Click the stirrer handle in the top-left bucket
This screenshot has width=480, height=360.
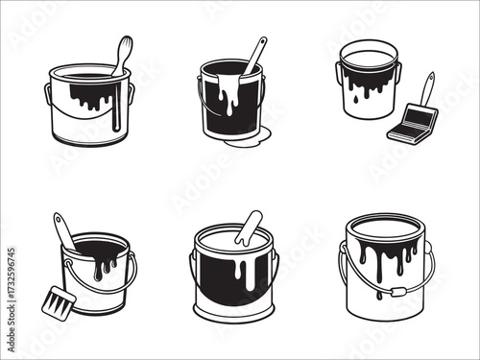point(122,53)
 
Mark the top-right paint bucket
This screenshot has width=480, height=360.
point(369,82)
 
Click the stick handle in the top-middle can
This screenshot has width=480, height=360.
point(255,53)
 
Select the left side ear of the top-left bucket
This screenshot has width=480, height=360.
point(48,93)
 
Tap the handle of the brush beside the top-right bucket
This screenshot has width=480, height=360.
point(426,89)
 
